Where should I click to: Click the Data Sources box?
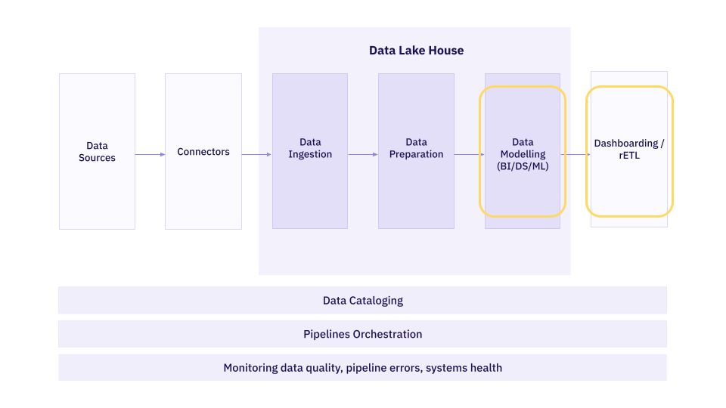click(x=97, y=151)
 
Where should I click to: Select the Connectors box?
click(x=203, y=152)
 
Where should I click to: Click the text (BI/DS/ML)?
click(x=522, y=166)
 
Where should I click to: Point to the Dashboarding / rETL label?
click(x=629, y=149)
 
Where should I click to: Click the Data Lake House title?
click(x=416, y=51)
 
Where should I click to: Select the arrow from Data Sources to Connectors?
click(x=150, y=155)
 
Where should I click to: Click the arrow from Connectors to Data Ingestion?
click(x=256, y=155)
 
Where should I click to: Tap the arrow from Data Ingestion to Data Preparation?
click(x=363, y=155)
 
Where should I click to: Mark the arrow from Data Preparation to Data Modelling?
click(x=469, y=155)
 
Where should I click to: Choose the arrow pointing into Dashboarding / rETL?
click(x=577, y=155)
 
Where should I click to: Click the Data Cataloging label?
click(x=363, y=301)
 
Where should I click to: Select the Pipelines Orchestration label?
click(x=363, y=334)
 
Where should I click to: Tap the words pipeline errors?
click(x=385, y=368)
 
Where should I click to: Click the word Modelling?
click(x=523, y=154)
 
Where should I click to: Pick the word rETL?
click(x=629, y=156)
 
